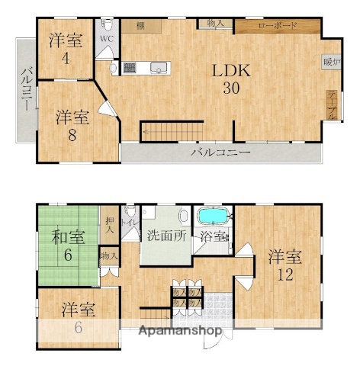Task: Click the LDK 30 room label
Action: (227, 79)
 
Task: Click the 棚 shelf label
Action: (141, 26)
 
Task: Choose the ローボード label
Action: (277, 26)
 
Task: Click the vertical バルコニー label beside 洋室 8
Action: (25, 90)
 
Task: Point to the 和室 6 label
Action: (68, 244)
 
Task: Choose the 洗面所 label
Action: (166, 236)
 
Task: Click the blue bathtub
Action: (216, 216)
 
